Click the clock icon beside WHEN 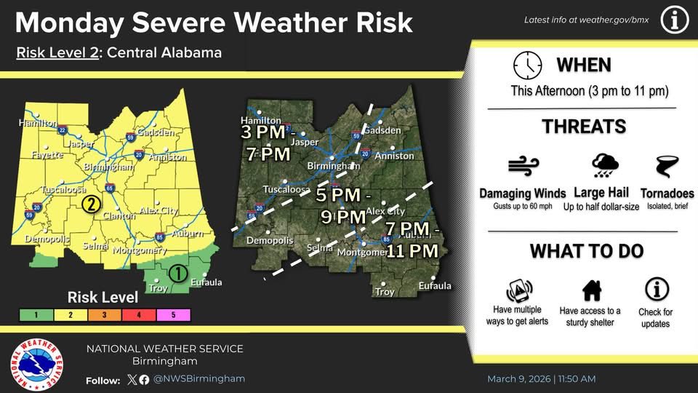(527, 65)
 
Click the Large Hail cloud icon (604, 167)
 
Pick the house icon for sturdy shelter (591, 290)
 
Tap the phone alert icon (517, 290)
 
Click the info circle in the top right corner (674, 20)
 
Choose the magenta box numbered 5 (173, 315)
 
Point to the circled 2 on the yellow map (90, 203)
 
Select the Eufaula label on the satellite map (434, 285)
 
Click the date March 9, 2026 (519, 379)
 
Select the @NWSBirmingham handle (199, 379)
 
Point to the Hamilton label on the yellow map (37, 123)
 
